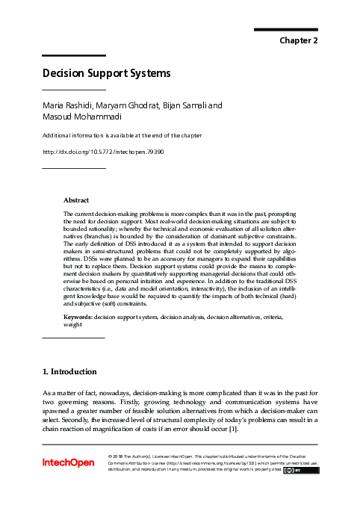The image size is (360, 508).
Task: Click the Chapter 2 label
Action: tap(299, 40)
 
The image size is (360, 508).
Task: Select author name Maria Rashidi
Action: tap(69, 107)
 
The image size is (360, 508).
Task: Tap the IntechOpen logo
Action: tap(68, 463)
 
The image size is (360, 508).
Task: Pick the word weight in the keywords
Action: tap(73, 325)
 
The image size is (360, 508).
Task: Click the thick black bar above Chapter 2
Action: tap(286, 29)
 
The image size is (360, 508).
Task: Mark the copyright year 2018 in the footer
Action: tap(123, 455)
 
